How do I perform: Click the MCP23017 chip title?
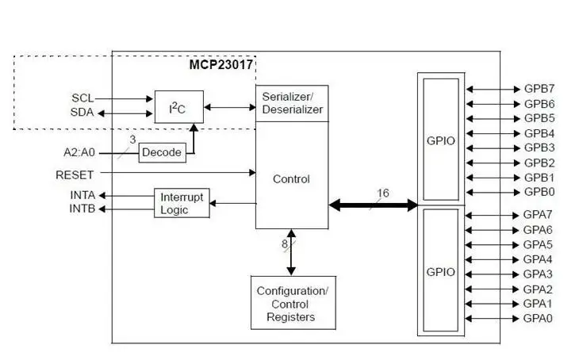[x=220, y=65]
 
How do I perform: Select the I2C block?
[x=178, y=106]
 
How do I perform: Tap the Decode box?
[x=162, y=152]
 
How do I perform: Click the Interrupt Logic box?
[x=182, y=203]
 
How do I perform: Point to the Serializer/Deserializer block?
[x=292, y=103]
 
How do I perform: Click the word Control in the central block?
[x=291, y=179]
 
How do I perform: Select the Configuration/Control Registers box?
[x=292, y=304]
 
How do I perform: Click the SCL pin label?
[x=82, y=98]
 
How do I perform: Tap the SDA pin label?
[x=82, y=113]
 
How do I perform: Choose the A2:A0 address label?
[x=80, y=151]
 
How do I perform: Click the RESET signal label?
[x=75, y=174]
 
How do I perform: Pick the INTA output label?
[x=82, y=195]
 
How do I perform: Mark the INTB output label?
[x=82, y=209]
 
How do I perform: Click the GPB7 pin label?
[x=539, y=89]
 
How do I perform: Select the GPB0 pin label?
[x=539, y=192]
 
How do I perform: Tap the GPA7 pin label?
[x=539, y=215]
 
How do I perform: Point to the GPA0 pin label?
[x=539, y=319]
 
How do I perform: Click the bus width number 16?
[x=383, y=193]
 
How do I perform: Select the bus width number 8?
[x=284, y=245]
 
